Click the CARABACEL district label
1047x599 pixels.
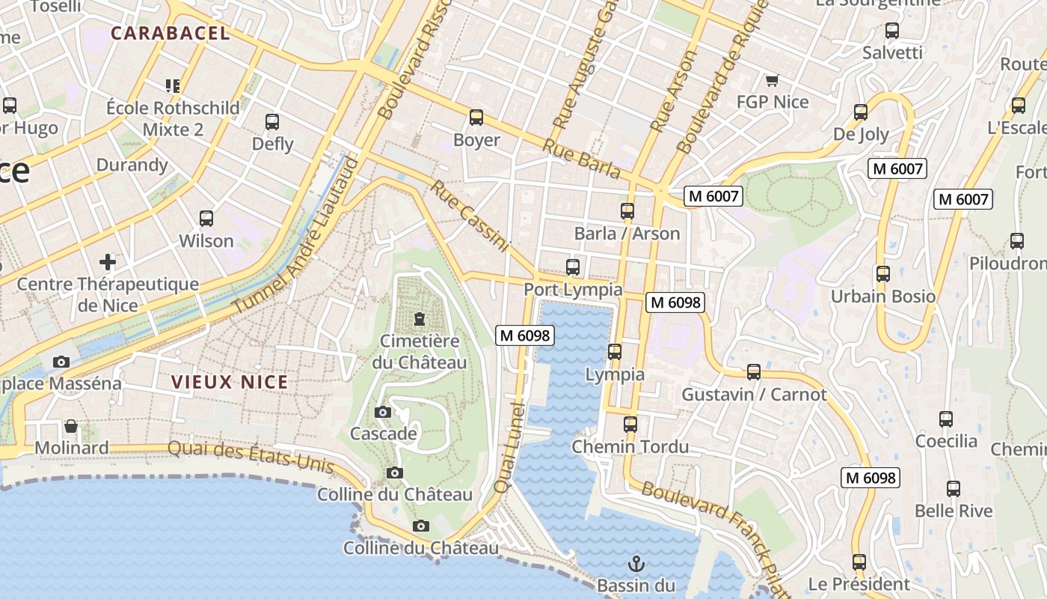point(170,33)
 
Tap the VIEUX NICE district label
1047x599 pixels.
point(230,382)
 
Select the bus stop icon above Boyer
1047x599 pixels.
point(476,118)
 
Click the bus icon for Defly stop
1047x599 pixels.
point(272,121)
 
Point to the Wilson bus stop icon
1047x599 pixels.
point(206,219)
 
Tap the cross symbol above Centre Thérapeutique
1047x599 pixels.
point(108,262)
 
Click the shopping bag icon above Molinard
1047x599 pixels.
point(71,426)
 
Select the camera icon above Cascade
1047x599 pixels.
point(382,412)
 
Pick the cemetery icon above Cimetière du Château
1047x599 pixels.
point(419,320)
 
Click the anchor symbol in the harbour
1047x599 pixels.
point(636,563)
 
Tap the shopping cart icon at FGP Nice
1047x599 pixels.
point(772,80)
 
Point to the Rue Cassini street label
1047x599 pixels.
point(469,216)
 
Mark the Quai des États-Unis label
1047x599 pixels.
point(251,456)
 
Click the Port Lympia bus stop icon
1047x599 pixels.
point(573,267)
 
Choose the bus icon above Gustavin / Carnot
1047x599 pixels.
point(754,372)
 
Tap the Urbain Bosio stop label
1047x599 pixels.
point(883,297)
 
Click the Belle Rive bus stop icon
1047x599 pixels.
point(953,489)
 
